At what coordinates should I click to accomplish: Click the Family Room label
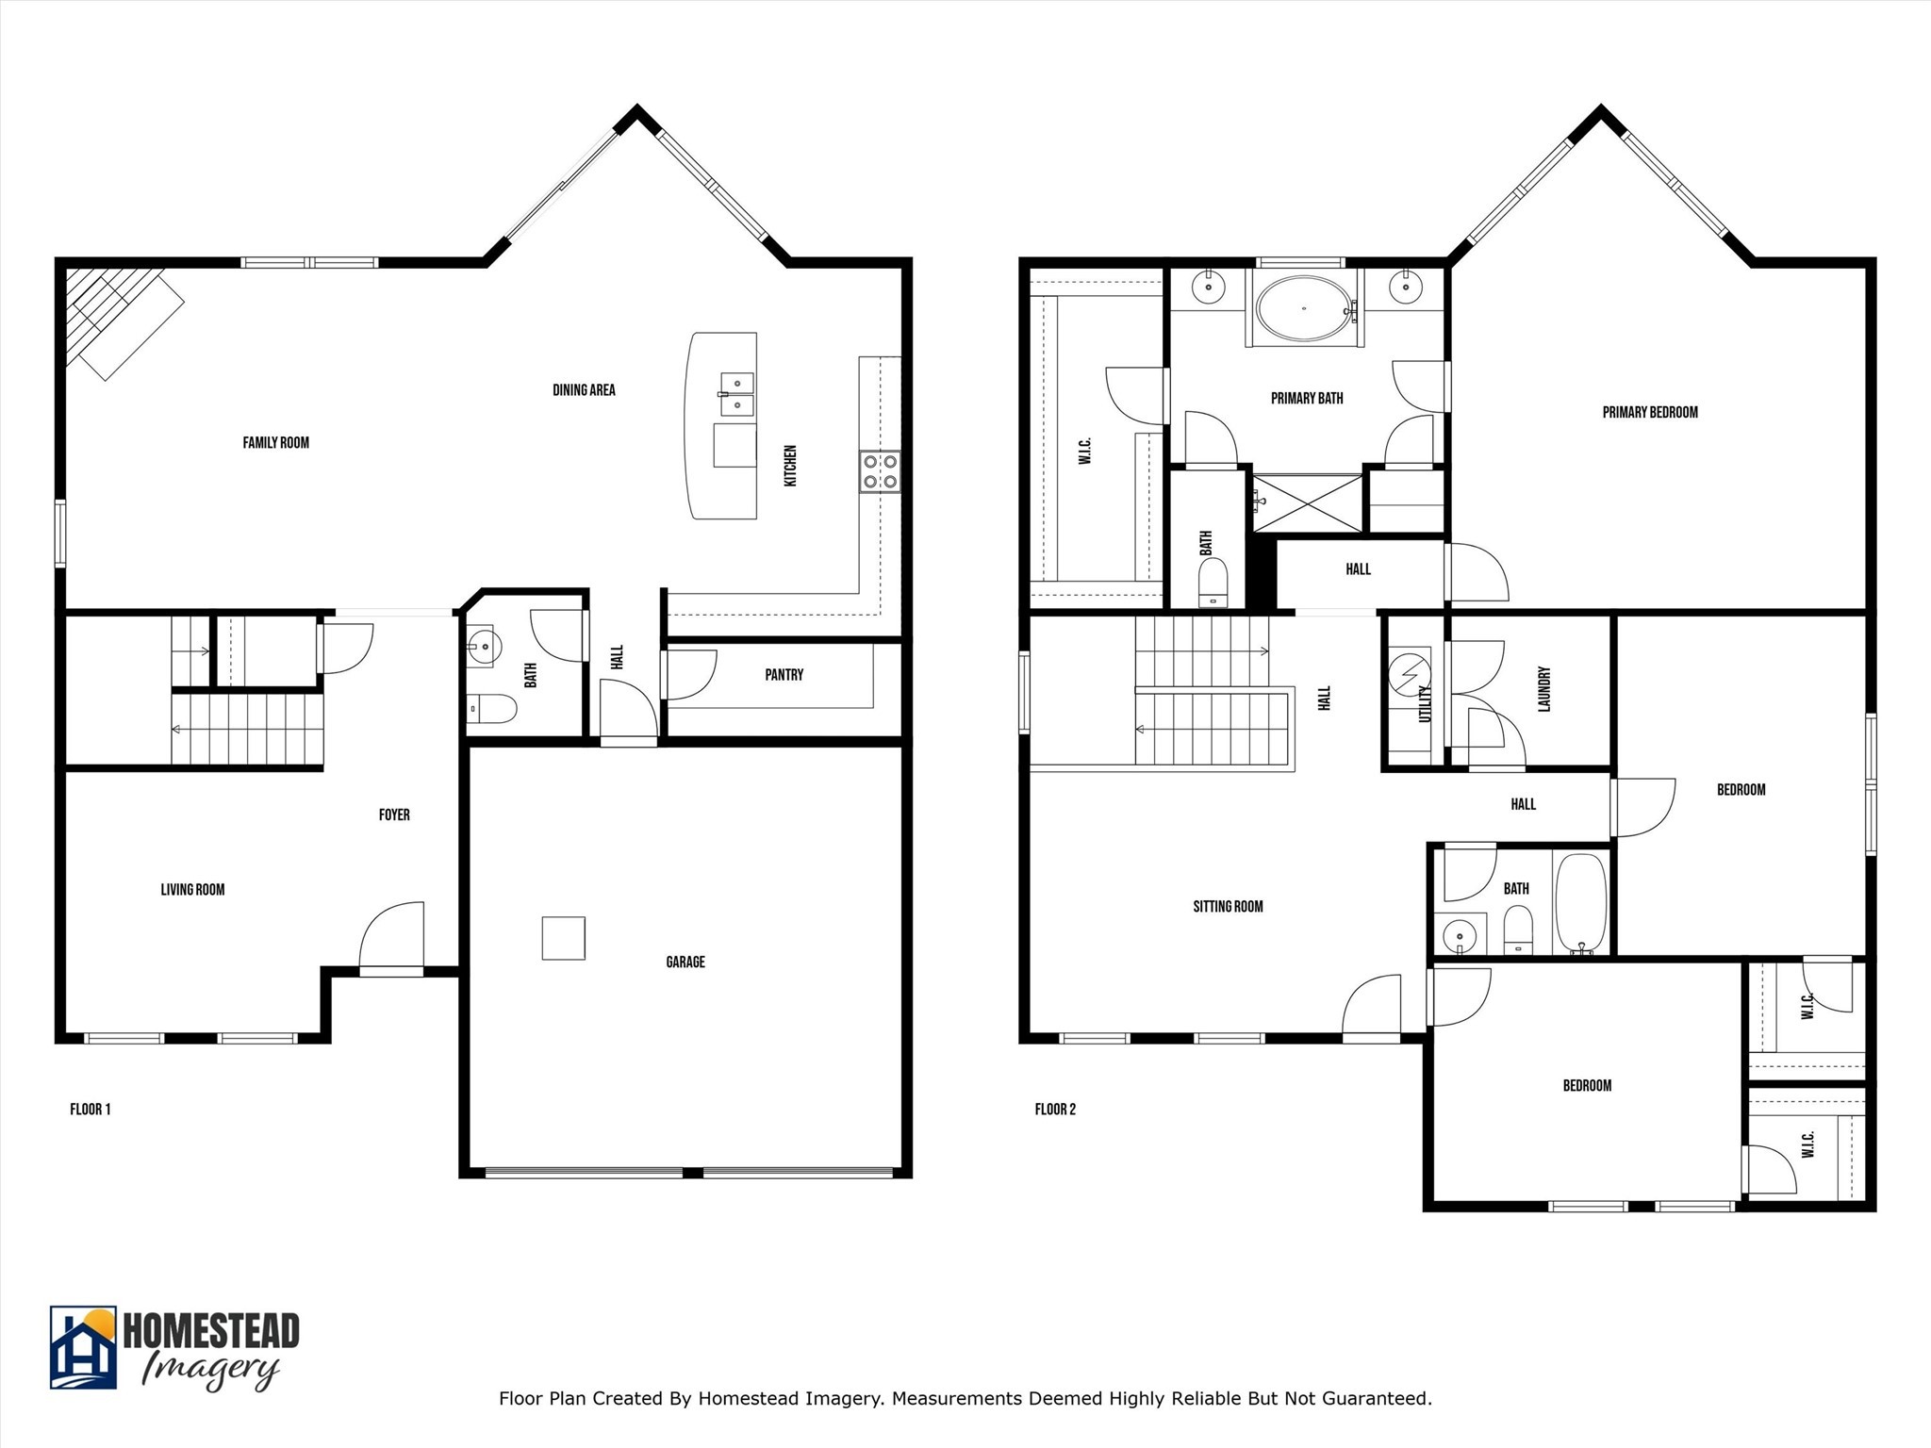[x=275, y=442]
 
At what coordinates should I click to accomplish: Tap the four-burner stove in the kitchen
[x=879, y=471]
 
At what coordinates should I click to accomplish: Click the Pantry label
[x=784, y=675]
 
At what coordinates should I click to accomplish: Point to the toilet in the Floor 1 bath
[x=492, y=708]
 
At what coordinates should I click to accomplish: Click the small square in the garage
[x=563, y=938]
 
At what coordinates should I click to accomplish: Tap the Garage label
[x=685, y=962]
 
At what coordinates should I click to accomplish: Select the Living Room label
[x=192, y=889]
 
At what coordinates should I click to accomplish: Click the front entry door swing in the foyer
[x=392, y=934]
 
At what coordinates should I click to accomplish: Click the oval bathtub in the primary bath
[x=1304, y=308]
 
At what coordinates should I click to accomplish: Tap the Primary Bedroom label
[x=1649, y=412]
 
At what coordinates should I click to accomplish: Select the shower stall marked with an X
[x=1307, y=503]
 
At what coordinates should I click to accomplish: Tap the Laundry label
[x=1544, y=689]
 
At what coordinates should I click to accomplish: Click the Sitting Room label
[x=1228, y=906]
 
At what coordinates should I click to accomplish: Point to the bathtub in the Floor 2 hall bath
[x=1579, y=903]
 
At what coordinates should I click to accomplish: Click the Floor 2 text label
[x=1054, y=1109]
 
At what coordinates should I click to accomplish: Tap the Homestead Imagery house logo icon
[x=83, y=1347]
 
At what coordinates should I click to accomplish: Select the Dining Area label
[x=584, y=389]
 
